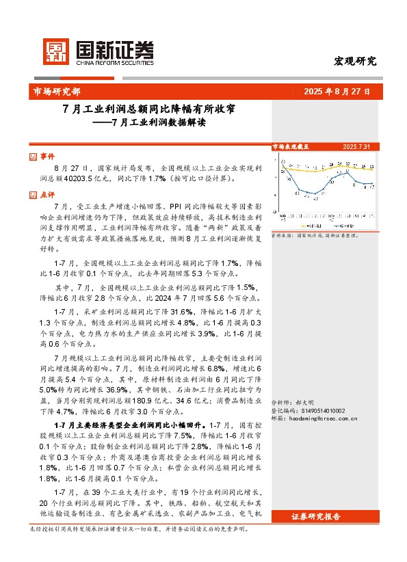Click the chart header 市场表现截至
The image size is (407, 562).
291,146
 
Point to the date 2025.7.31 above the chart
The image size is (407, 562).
356,146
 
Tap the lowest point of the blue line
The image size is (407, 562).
315,195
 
